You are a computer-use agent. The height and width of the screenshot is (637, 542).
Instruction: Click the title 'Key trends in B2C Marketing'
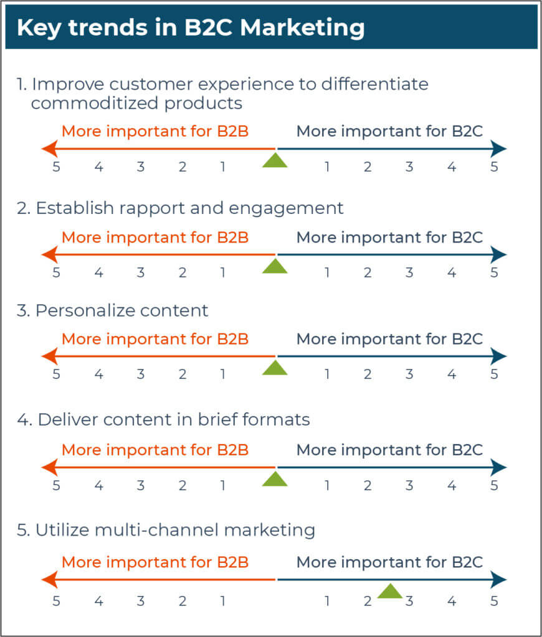190,28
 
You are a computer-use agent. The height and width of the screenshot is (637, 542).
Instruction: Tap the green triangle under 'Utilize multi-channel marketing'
390,592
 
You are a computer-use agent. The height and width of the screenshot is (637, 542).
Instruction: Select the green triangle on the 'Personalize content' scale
275,368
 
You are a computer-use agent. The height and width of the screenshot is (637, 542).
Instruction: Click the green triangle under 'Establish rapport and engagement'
275,267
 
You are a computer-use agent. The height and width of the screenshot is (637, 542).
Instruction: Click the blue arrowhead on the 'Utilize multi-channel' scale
499,579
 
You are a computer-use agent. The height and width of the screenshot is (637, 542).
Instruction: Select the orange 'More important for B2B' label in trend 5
155,562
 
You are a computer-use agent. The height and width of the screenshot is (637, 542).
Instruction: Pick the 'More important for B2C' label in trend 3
389,339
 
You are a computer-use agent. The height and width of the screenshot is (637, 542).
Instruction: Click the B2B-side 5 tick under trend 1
57,167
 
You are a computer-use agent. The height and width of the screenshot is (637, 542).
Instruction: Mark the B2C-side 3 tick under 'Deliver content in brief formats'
409,485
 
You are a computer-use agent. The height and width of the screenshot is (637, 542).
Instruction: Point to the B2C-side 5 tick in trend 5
494,602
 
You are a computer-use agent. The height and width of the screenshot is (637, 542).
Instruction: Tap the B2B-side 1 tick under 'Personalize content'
222,374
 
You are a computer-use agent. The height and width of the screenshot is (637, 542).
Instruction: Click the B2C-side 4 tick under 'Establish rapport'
452,272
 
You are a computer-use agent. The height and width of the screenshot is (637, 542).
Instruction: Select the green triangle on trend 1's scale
275,160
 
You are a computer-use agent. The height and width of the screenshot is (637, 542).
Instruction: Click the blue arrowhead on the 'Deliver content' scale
499,467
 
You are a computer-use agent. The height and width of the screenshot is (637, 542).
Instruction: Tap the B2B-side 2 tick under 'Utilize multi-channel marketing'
182,602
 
